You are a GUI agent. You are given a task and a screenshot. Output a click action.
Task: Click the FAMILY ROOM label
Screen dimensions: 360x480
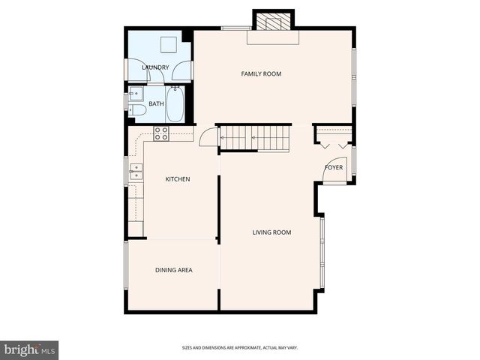pos(260,73)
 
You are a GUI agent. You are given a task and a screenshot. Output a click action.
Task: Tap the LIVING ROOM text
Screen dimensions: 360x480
pos(271,232)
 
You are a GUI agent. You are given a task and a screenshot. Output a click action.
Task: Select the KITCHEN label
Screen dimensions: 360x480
pos(178,179)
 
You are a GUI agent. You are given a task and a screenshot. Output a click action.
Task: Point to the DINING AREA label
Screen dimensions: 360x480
pos(174,270)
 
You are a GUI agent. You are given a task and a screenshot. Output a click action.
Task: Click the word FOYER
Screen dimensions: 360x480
pos(334,167)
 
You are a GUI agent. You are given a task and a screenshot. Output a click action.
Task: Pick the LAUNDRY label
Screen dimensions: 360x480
pos(155,67)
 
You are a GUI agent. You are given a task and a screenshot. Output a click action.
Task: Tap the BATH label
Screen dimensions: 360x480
pos(156,104)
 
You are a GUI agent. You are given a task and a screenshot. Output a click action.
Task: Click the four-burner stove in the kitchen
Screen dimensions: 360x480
pos(161,133)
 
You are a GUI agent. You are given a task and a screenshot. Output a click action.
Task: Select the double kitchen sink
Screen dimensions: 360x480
pos(135,173)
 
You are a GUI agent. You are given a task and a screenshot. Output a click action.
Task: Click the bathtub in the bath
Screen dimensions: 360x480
pos(175,103)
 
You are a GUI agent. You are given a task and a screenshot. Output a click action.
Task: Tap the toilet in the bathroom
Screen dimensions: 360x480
pos(136,110)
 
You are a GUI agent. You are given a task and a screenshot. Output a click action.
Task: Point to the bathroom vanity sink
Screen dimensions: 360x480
pos(135,94)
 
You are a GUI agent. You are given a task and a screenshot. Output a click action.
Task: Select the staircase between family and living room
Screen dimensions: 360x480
pos(255,138)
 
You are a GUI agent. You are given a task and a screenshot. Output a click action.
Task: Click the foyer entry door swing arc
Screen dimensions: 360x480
pos(334,174)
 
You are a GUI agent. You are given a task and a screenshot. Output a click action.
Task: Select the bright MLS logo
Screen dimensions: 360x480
pos(29,349)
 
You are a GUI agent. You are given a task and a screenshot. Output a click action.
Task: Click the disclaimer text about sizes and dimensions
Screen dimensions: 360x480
pos(250,347)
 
